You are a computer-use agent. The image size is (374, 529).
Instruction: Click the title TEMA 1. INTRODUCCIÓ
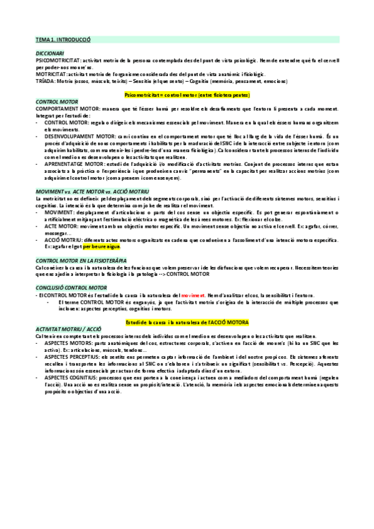coord(63,39)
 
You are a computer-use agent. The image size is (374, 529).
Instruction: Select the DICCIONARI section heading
coord(51,54)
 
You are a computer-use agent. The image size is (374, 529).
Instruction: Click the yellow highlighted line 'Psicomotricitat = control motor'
coord(187,95)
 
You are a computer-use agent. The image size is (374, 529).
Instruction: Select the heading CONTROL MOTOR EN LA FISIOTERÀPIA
coord(81,260)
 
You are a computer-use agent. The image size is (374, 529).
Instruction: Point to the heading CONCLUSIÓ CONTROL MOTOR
coord(71,286)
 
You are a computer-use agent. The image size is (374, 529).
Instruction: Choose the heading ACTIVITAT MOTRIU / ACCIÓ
coord(68,328)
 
